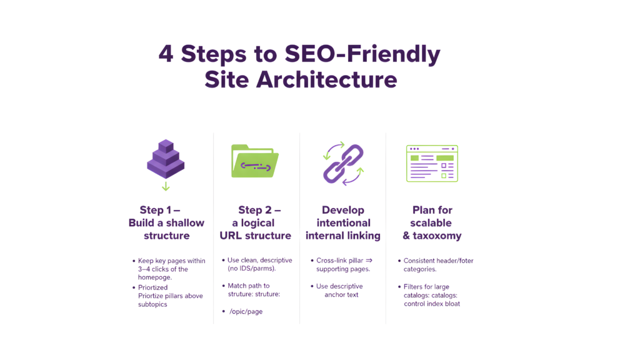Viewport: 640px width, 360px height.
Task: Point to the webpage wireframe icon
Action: coord(432,163)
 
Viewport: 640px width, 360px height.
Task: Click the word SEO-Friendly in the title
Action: coord(362,54)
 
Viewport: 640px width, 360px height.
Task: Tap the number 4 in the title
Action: coord(166,54)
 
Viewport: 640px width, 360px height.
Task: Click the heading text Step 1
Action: coord(160,210)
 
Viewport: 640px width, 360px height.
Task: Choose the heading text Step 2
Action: coord(259,210)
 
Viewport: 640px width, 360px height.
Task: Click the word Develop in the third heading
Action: coord(342,210)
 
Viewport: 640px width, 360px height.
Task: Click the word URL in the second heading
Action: coord(231,236)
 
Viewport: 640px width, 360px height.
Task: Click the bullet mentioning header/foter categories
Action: coord(436,265)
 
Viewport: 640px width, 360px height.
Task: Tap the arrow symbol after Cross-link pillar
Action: coord(369,261)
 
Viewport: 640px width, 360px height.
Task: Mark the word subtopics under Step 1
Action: coord(153,304)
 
